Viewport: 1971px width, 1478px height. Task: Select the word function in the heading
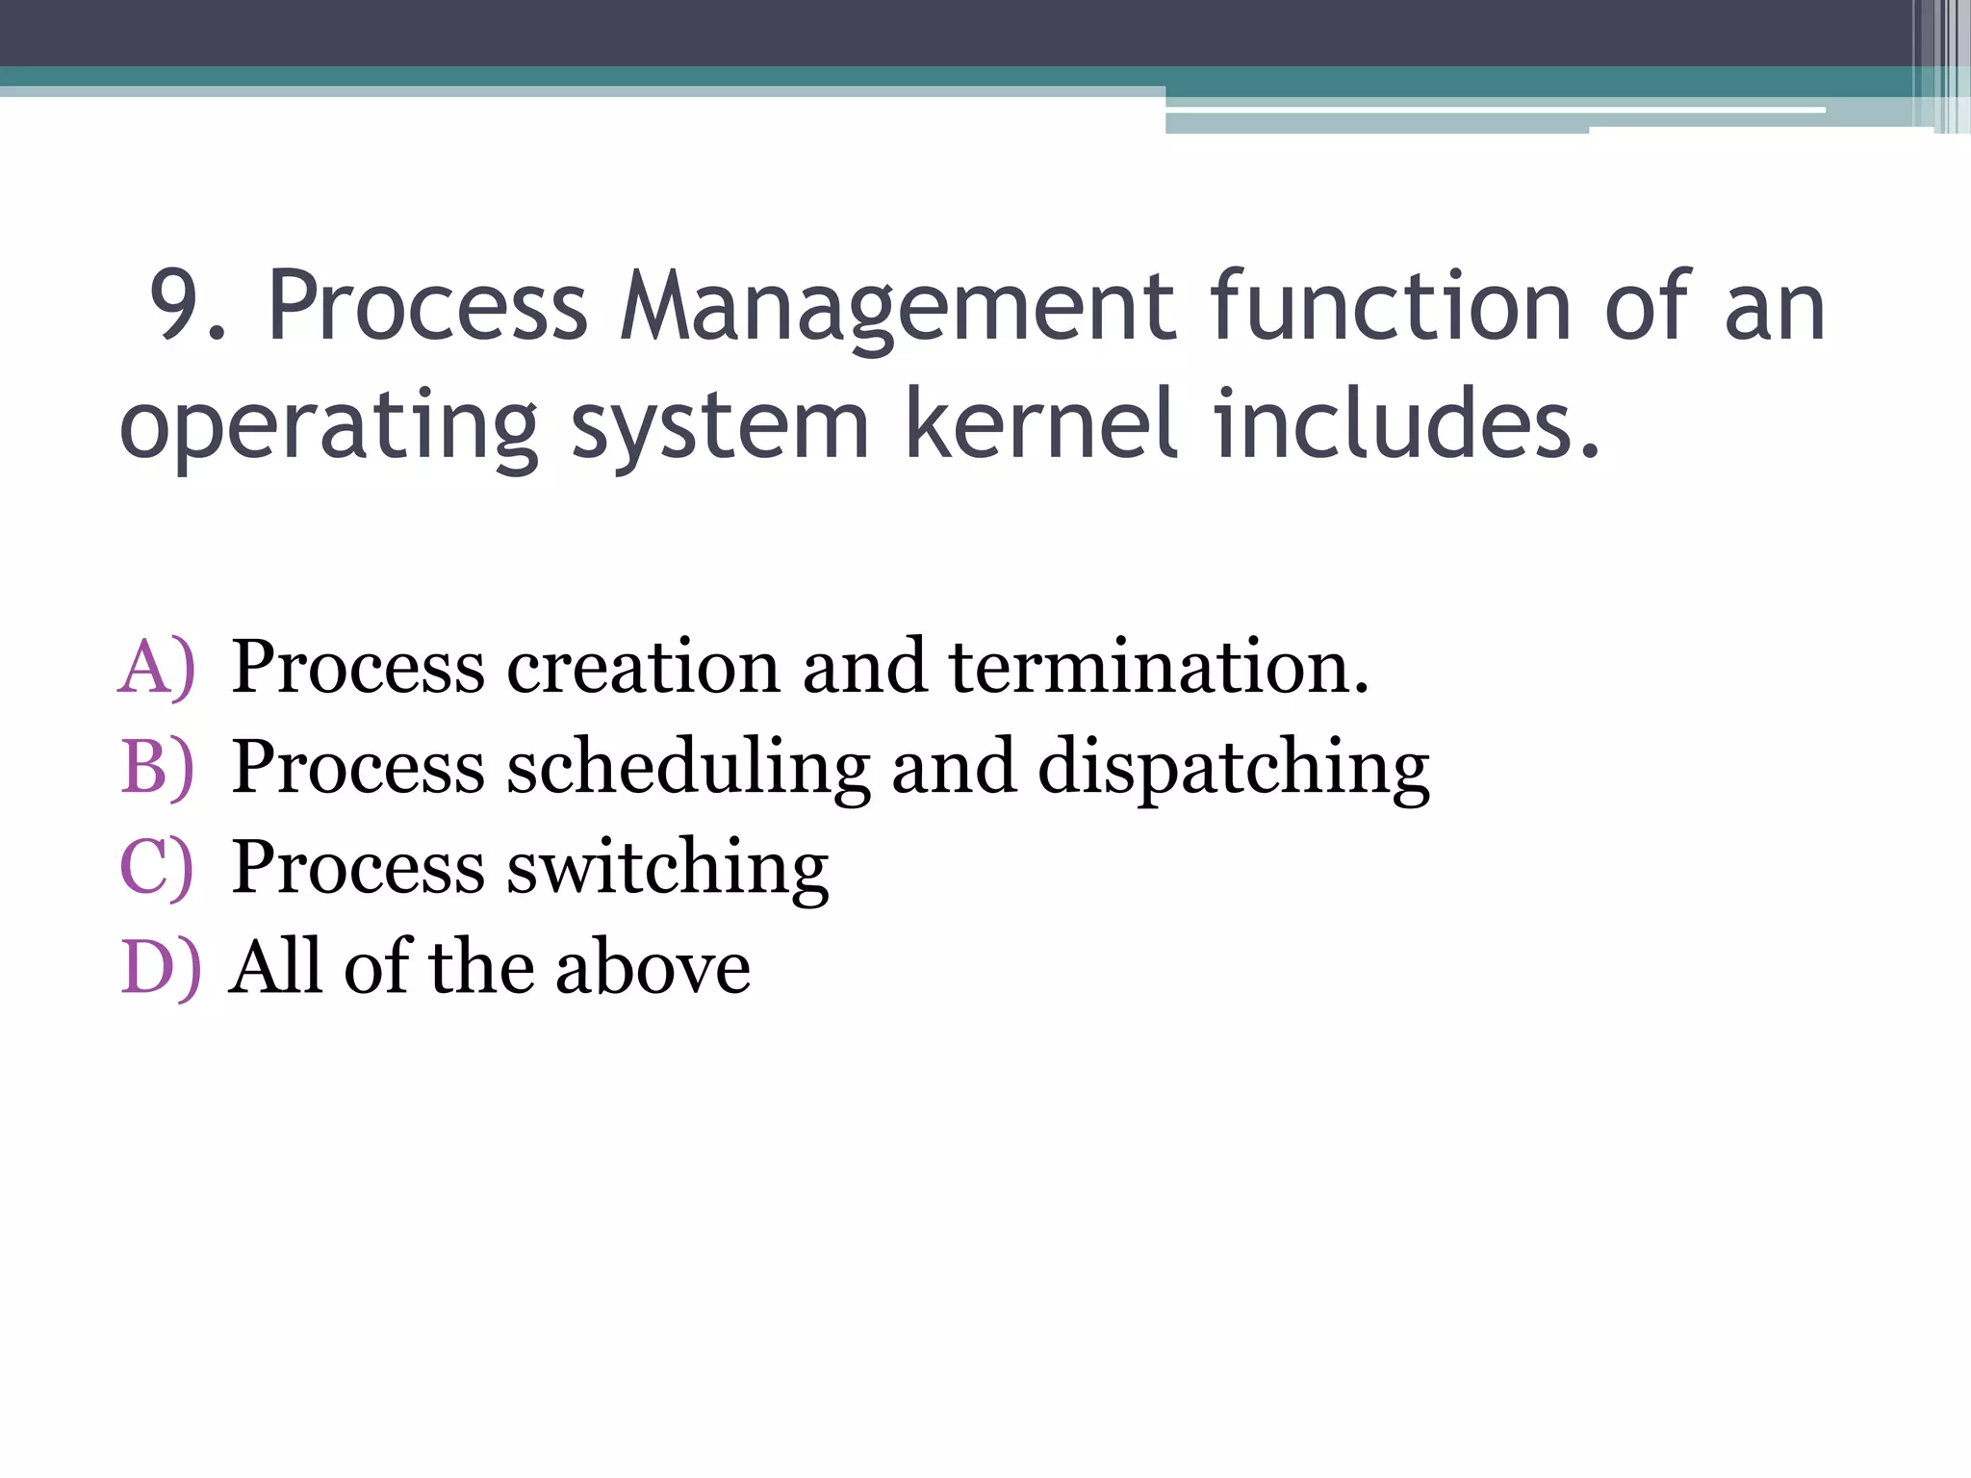1390,306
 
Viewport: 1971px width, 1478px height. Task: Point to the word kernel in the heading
1040,423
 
